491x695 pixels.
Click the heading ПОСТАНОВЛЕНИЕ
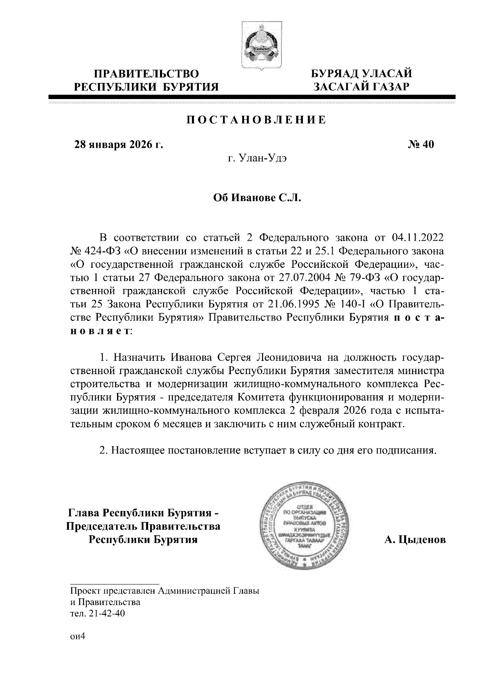point(257,120)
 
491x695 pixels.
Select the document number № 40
point(420,144)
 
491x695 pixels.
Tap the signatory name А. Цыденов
point(414,540)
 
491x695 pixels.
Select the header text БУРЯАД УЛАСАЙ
point(361,74)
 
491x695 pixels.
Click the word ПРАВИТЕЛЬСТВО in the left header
point(147,74)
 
